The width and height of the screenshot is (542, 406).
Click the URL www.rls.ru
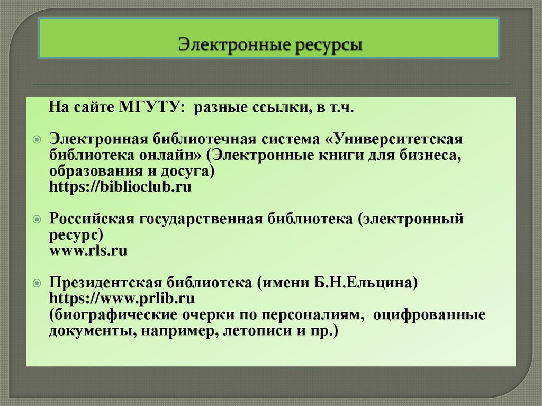(x=88, y=250)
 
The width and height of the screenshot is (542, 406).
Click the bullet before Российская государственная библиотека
(x=37, y=219)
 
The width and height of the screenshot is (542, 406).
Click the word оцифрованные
(x=429, y=315)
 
